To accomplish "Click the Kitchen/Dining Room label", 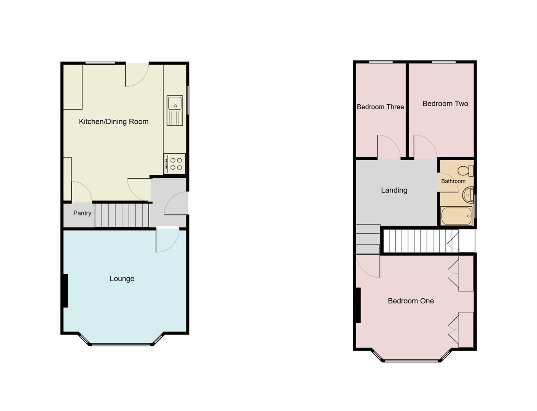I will click(113, 122).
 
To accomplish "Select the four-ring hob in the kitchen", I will click(175, 164).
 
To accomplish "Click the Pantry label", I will click(82, 213).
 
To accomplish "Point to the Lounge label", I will click(122, 279).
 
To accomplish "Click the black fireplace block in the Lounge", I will click(65, 290).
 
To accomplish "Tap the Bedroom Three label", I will click(380, 107).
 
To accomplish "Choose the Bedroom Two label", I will click(445, 104).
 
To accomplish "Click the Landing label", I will click(394, 190).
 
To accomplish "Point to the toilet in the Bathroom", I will click(466, 170).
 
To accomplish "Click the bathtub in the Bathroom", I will click(456, 216).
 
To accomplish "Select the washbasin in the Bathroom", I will click(468, 195).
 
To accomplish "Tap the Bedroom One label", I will click(411, 301).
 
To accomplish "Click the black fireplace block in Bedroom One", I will click(358, 305).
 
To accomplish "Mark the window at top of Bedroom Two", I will click(444, 62).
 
